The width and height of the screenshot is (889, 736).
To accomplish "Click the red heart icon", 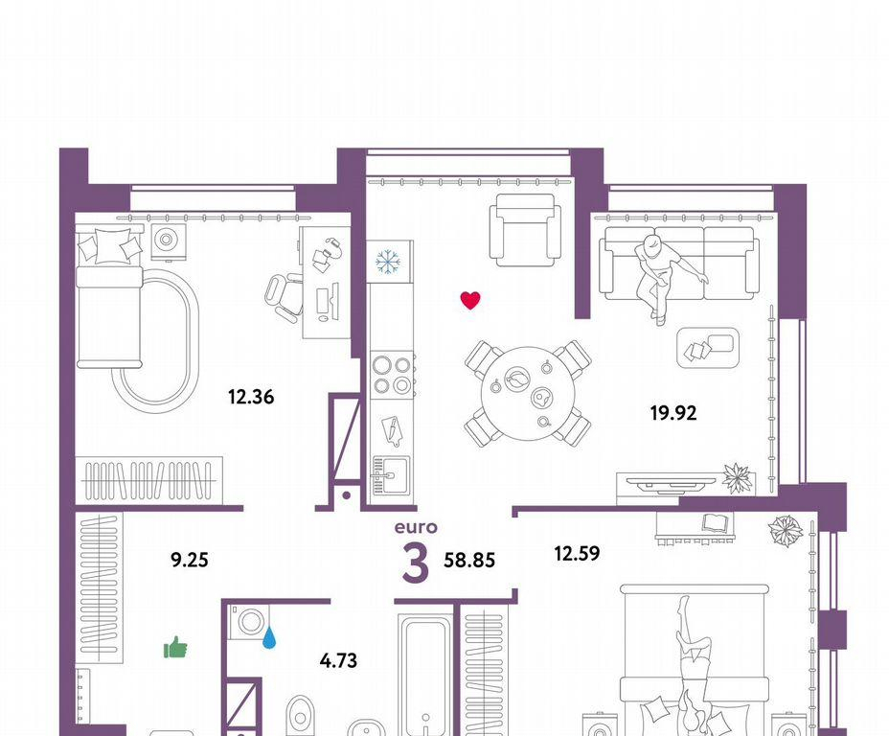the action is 470,300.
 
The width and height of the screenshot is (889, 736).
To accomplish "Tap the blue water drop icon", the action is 269,637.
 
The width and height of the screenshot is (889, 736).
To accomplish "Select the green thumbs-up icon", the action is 175,648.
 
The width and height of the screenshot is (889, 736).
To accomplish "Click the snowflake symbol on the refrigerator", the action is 388,262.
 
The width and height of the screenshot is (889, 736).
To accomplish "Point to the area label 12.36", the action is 251,397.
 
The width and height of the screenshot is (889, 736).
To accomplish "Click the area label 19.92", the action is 673,413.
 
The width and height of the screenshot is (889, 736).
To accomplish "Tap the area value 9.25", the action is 190,561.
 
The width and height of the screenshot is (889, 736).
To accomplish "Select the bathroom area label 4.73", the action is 338,660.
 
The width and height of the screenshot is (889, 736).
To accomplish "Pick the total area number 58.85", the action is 469,561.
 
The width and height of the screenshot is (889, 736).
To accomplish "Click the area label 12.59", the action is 577,553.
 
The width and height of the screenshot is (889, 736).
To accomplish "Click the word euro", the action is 416,527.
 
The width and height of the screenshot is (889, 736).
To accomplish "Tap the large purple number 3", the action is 416,563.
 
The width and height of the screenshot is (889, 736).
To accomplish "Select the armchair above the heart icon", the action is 526,230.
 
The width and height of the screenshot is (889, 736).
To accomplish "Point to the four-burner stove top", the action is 392,375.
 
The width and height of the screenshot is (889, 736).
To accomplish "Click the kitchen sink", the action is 390,474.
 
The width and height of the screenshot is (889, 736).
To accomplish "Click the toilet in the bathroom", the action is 300,716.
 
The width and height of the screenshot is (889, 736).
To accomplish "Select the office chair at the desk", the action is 285,296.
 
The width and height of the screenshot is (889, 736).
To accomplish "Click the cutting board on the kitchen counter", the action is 391,432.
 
